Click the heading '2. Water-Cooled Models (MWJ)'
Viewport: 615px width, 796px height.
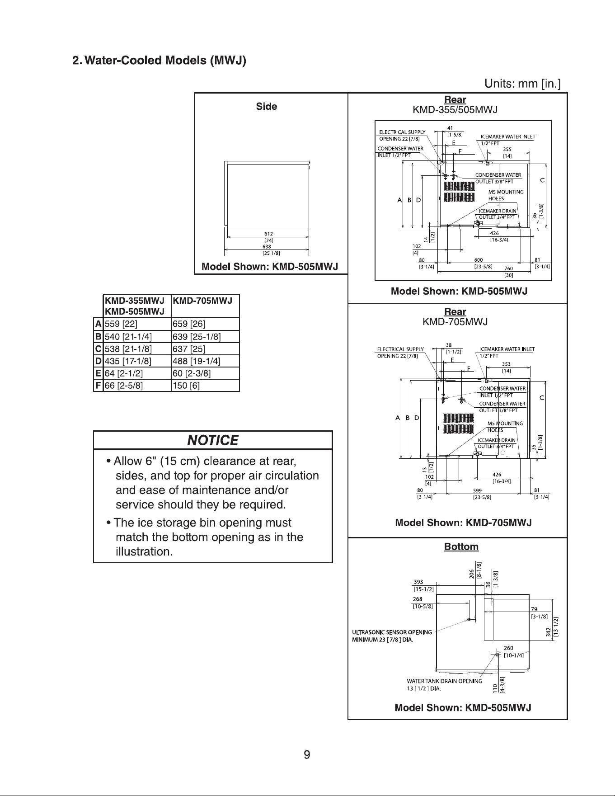tap(160, 61)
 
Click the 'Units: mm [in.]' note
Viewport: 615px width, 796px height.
tap(522, 84)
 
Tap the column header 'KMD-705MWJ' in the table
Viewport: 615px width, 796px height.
tap(202, 301)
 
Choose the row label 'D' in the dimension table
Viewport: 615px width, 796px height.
tap(98, 361)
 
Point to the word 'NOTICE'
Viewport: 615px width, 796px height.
tap(213, 440)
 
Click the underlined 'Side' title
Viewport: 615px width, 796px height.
tap(267, 107)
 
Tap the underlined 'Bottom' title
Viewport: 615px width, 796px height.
tap(461, 547)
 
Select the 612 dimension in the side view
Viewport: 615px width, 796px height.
tap(268, 234)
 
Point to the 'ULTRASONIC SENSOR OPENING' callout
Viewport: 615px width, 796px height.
tap(392, 632)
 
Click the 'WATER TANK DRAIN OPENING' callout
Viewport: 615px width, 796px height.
tap(444, 681)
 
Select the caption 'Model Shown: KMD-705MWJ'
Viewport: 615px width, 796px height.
tap(463, 523)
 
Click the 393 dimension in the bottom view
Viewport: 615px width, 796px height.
tap(418, 582)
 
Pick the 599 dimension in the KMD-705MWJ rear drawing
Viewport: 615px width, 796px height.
tap(477, 490)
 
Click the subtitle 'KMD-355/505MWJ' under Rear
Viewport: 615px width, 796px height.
tap(455, 110)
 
